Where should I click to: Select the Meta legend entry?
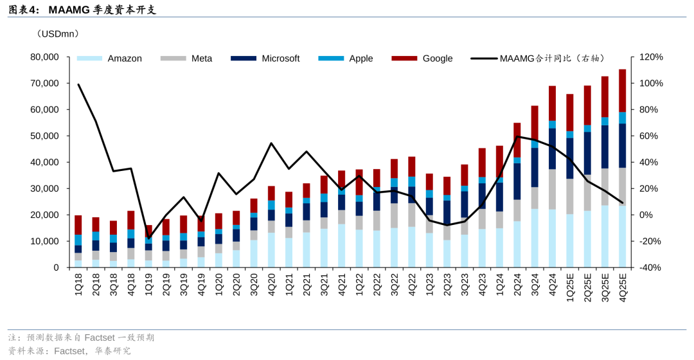201,59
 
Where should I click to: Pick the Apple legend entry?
360,59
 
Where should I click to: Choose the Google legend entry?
437,59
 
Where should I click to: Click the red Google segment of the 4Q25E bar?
622,90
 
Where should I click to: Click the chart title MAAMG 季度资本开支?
102,10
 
